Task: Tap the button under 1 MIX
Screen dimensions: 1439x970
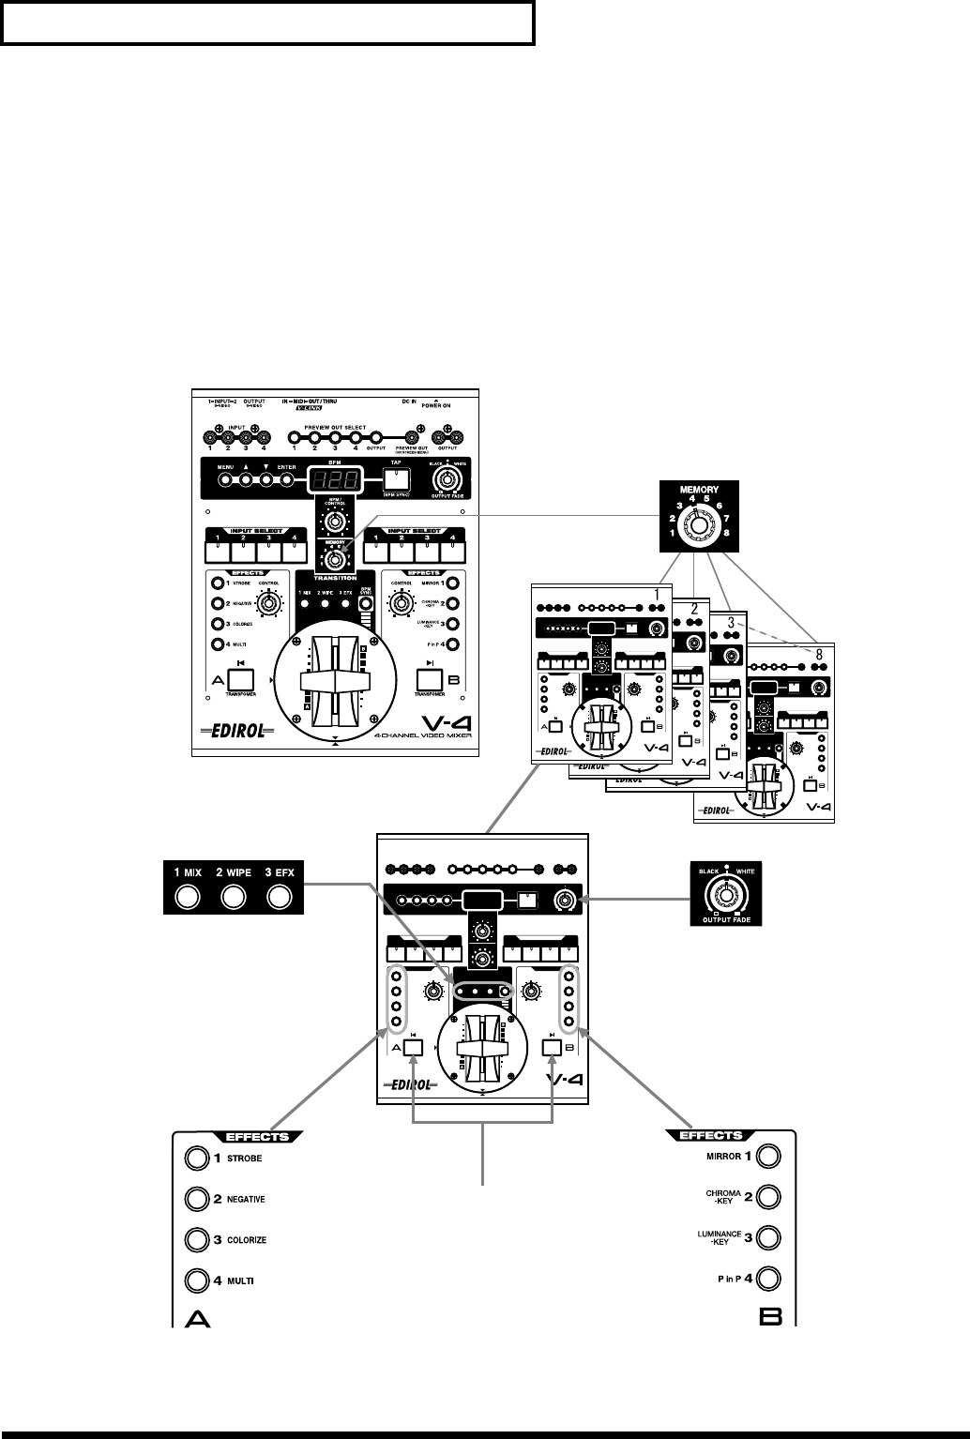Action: click(188, 898)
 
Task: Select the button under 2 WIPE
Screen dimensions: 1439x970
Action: click(234, 898)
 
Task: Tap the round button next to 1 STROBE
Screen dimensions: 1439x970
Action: click(196, 1159)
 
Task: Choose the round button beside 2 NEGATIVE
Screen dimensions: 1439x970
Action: click(196, 1199)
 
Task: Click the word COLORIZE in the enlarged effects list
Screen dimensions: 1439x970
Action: click(248, 1240)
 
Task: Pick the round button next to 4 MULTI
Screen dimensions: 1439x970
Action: click(196, 1280)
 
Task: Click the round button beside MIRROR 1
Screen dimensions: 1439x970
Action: click(769, 1156)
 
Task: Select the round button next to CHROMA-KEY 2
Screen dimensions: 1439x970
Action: click(769, 1197)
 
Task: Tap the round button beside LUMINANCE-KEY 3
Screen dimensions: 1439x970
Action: click(769, 1238)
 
